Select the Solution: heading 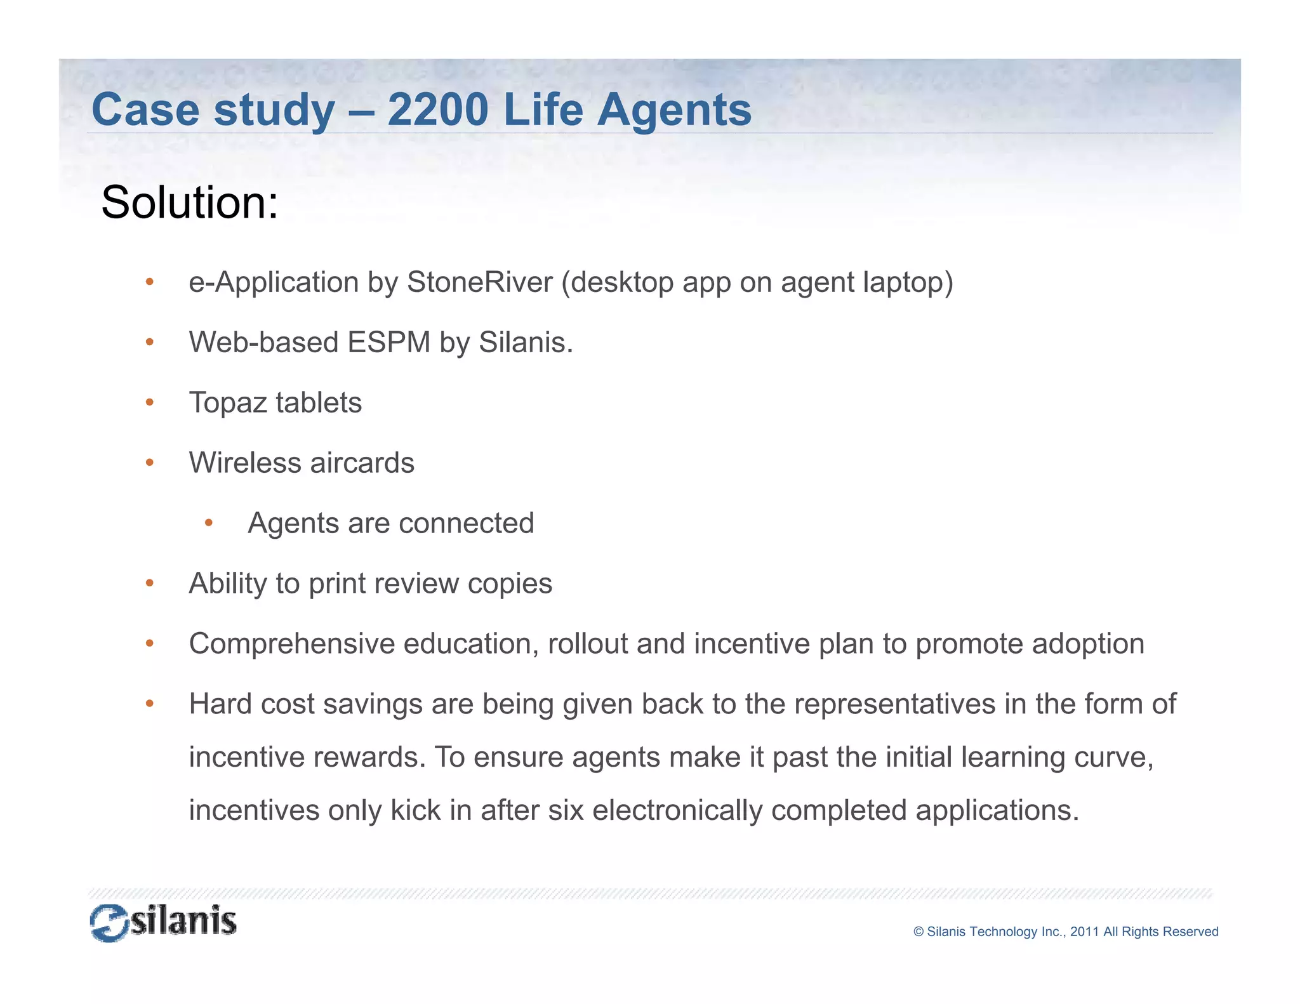click(190, 202)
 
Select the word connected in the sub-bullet click(466, 523)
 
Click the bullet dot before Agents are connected click(209, 523)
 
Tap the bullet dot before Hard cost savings click(150, 703)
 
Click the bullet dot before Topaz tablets click(150, 402)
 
